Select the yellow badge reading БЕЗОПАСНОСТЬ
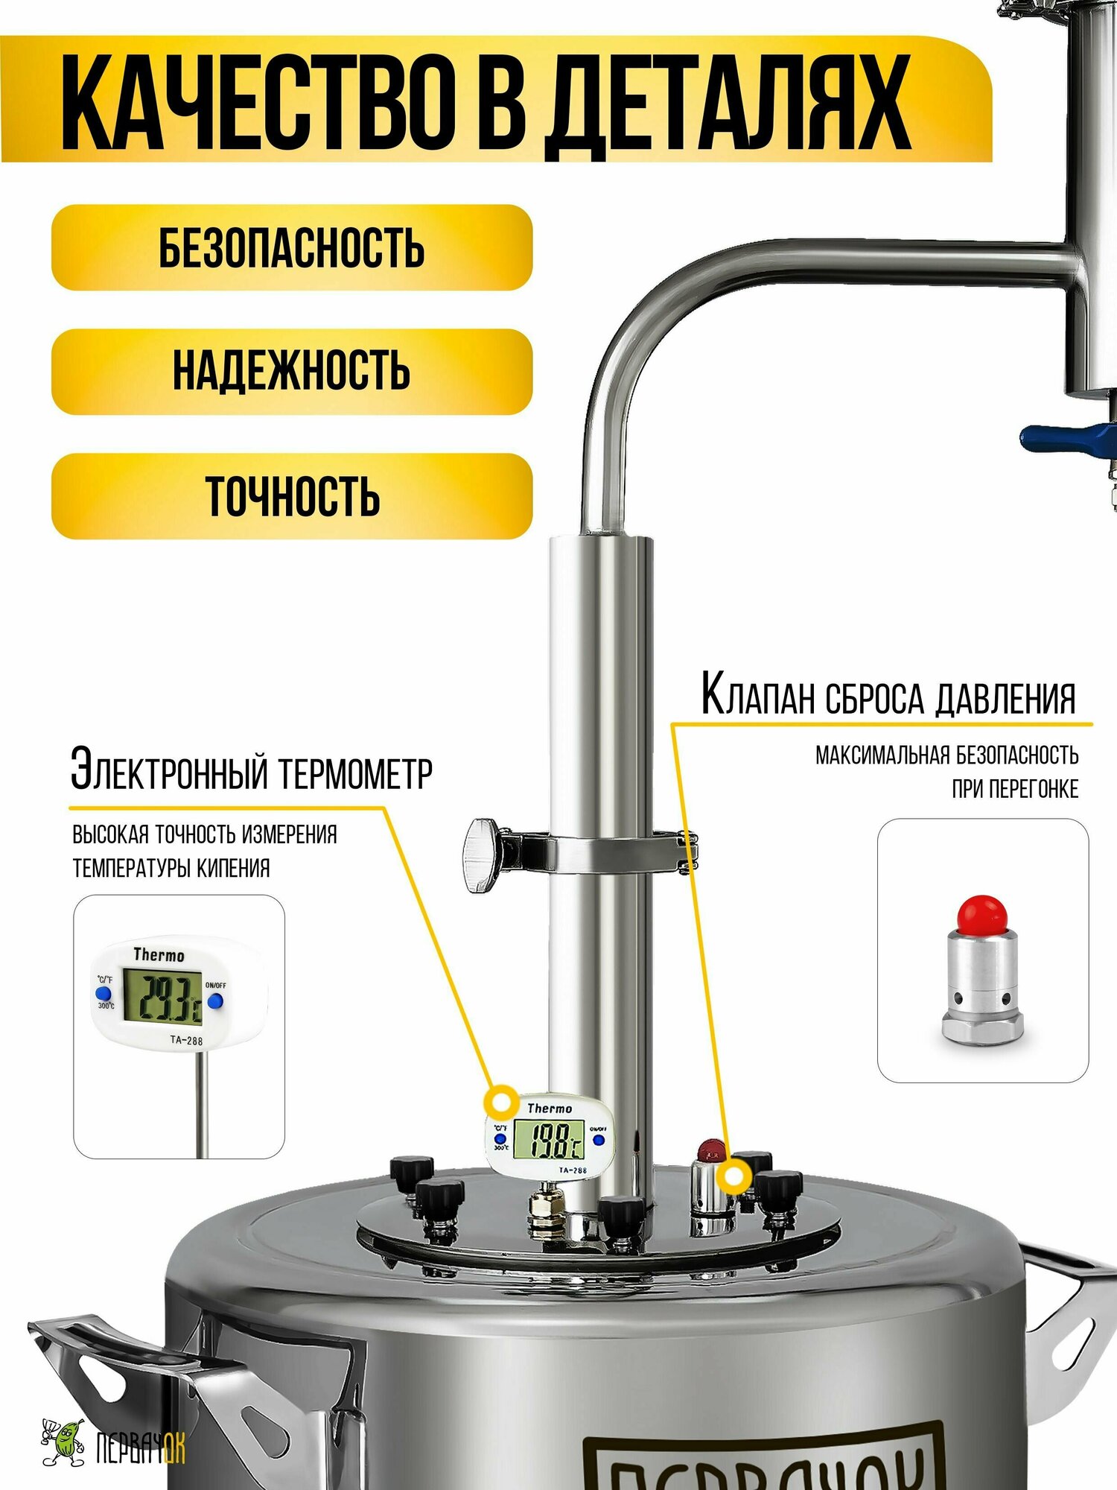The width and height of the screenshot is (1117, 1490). pyautogui.click(x=292, y=247)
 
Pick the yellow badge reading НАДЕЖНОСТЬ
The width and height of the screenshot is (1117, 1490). pyautogui.click(x=292, y=371)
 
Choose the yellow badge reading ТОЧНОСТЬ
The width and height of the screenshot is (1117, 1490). pyautogui.click(x=292, y=496)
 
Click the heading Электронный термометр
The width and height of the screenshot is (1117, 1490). pyautogui.click(x=252, y=772)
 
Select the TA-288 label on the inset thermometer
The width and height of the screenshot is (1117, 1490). pyautogui.click(x=185, y=1040)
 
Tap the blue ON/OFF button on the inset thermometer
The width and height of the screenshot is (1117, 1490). pyautogui.click(x=215, y=1002)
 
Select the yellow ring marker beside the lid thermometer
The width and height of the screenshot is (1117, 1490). pyautogui.click(x=502, y=1100)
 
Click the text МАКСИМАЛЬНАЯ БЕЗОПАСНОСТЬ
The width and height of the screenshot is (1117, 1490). pyautogui.click(x=946, y=755)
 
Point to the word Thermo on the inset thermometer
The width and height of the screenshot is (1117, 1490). pyautogui.click(x=159, y=955)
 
